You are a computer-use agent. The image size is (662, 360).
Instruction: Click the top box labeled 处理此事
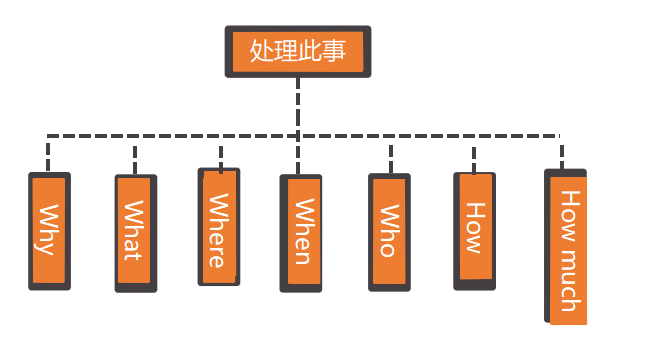coord(297,51)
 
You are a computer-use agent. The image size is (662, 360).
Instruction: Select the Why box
coord(49,231)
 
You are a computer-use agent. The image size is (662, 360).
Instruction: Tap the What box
coord(136,233)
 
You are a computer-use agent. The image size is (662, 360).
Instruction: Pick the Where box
coord(219,226)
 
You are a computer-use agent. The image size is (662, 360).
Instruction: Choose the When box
coord(300,233)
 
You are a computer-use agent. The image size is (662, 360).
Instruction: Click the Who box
coord(389,232)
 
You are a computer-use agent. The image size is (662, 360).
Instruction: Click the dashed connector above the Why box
coord(48,154)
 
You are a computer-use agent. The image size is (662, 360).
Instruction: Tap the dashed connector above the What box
coord(135,156)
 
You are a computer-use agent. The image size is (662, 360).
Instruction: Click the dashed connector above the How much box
coord(561,152)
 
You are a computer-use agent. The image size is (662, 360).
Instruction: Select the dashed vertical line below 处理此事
coord(298,105)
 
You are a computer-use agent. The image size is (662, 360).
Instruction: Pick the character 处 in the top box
coord(261,51)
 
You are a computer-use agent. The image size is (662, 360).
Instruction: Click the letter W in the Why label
coord(46,215)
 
